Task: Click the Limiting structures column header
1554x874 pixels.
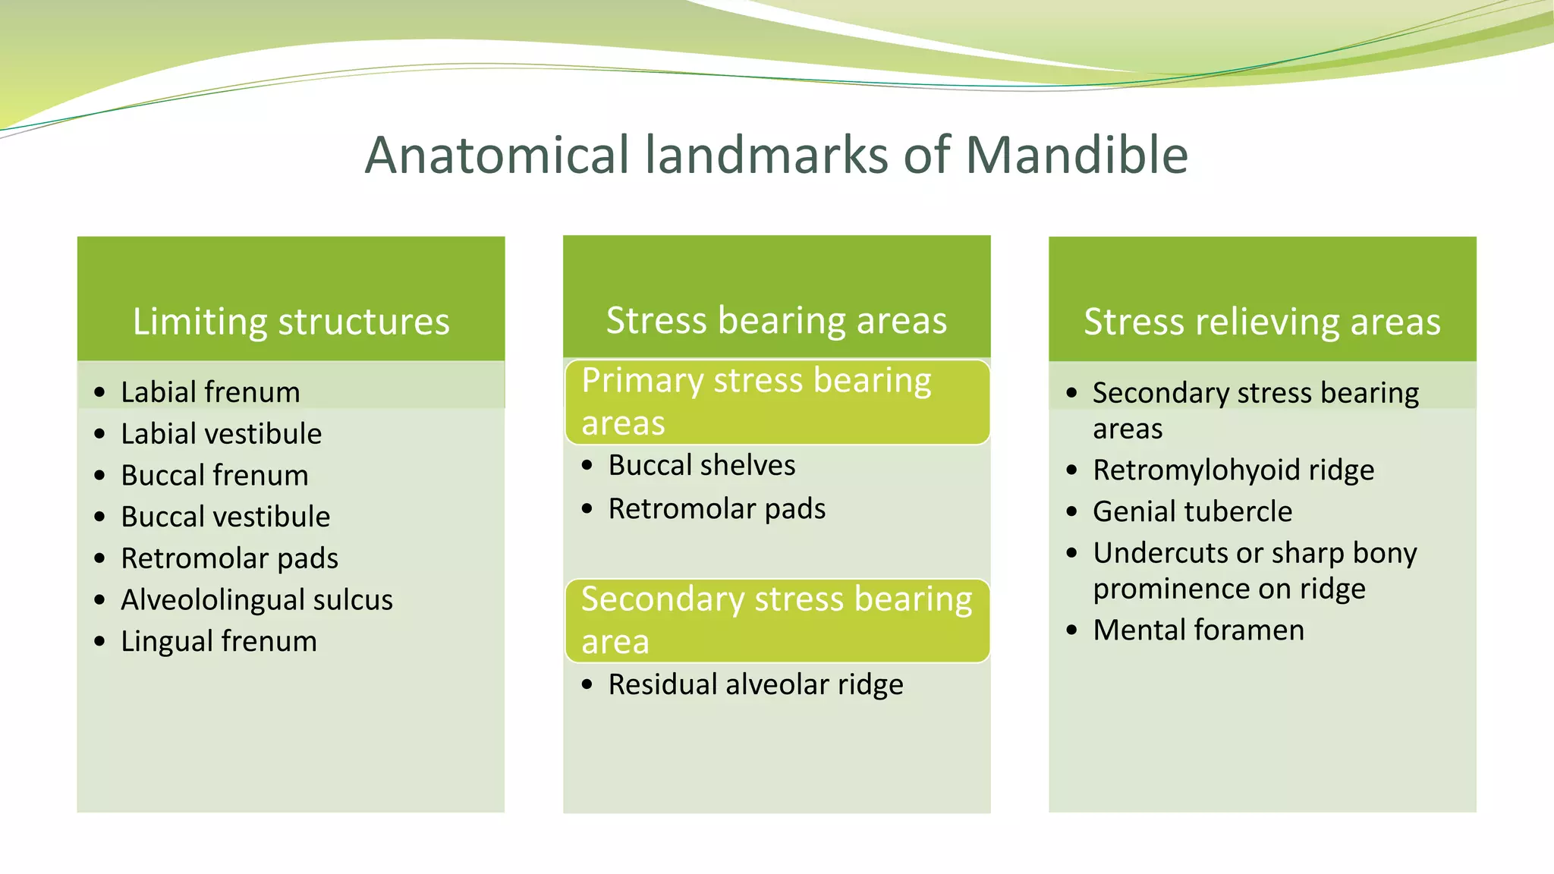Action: pos(291,321)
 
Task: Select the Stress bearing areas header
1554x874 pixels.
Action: pos(776,319)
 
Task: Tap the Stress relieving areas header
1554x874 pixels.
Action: pos(1262,321)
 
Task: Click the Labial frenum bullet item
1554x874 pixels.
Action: pos(210,392)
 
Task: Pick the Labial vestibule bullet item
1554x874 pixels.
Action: pos(221,434)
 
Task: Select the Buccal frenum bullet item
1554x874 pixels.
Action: pos(215,476)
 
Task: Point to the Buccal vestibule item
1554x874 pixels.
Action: pos(225,517)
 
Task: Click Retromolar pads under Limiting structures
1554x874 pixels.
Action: pos(229,558)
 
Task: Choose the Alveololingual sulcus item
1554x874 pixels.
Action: pos(256,600)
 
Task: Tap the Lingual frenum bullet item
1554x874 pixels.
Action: pos(219,641)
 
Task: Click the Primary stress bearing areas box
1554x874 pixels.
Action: pos(776,401)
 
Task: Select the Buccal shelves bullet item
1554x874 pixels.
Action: pos(701,465)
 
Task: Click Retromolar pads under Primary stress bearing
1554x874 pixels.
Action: pos(716,509)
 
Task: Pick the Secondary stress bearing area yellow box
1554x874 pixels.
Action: pos(776,620)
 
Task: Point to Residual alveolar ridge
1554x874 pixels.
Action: pos(756,684)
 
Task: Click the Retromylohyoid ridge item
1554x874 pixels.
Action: pos(1233,470)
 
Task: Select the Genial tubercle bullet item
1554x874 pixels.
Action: pos(1192,512)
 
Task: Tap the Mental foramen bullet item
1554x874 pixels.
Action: pos(1198,630)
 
